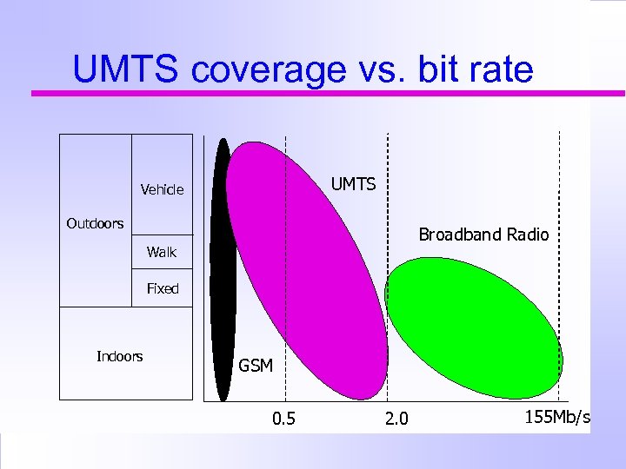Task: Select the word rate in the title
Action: coord(499,69)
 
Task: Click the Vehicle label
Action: coord(162,189)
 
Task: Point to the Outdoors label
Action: coord(95,223)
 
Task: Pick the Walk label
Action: coord(161,252)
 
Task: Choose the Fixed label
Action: coord(163,288)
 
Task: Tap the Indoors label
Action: coord(119,356)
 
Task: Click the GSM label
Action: coord(256,367)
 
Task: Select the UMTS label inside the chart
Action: coord(353,184)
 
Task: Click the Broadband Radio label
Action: coord(483,234)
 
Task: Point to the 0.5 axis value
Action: coord(283,419)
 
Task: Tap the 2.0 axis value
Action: coord(396,419)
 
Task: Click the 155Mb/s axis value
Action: coord(557,418)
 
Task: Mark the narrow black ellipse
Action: coord(223,269)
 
